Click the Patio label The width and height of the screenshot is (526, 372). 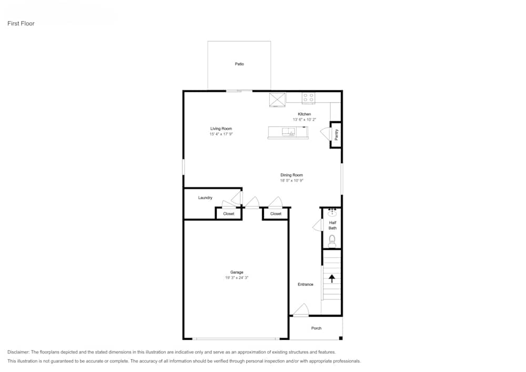(239, 64)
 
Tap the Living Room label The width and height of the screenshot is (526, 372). (221, 129)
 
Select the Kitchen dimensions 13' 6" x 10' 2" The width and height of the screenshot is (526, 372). (305, 120)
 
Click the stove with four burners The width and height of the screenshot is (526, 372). (308, 98)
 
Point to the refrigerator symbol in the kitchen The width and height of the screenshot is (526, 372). (277, 99)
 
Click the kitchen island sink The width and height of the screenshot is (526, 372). (288, 132)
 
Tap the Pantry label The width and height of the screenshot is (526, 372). (336, 135)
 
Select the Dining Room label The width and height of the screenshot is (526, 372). (291, 175)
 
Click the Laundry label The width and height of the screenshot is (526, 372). (205, 198)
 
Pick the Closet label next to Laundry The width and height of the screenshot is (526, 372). (229, 214)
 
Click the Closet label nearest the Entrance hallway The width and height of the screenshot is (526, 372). (276, 214)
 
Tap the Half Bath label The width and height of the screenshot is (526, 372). (332, 225)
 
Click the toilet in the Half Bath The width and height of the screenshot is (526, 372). (332, 241)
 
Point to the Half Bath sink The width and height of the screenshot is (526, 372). (332, 213)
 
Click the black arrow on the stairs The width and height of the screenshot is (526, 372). (332, 278)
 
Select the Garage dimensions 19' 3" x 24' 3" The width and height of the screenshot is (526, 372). (236, 278)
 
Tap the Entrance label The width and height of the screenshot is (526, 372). (306, 285)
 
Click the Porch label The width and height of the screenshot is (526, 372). (316, 328)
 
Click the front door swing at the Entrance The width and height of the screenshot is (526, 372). (301, 310)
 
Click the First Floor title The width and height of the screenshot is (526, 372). (21, 24)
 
